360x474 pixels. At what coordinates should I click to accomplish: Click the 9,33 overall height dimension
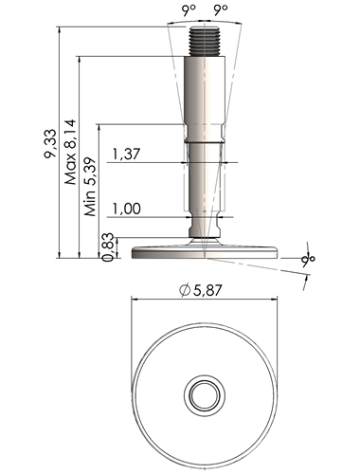[x=50, y=143]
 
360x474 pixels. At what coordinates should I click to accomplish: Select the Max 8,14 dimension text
[x=70, y=152]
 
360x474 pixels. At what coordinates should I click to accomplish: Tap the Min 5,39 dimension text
[x=90, y=187]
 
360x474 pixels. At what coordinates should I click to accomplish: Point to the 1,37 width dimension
[x=126, y=155]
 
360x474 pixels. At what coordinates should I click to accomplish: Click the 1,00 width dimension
[x=127, y=209]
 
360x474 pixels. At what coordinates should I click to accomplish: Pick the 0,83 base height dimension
[x=108, y=247]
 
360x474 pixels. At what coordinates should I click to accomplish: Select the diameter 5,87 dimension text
[x=201, y=290]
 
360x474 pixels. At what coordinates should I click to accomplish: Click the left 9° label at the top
[x=189, y=10]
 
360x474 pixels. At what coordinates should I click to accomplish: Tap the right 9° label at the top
[x=221, y=10]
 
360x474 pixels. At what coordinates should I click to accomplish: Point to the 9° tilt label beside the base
[x=308, y=260]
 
